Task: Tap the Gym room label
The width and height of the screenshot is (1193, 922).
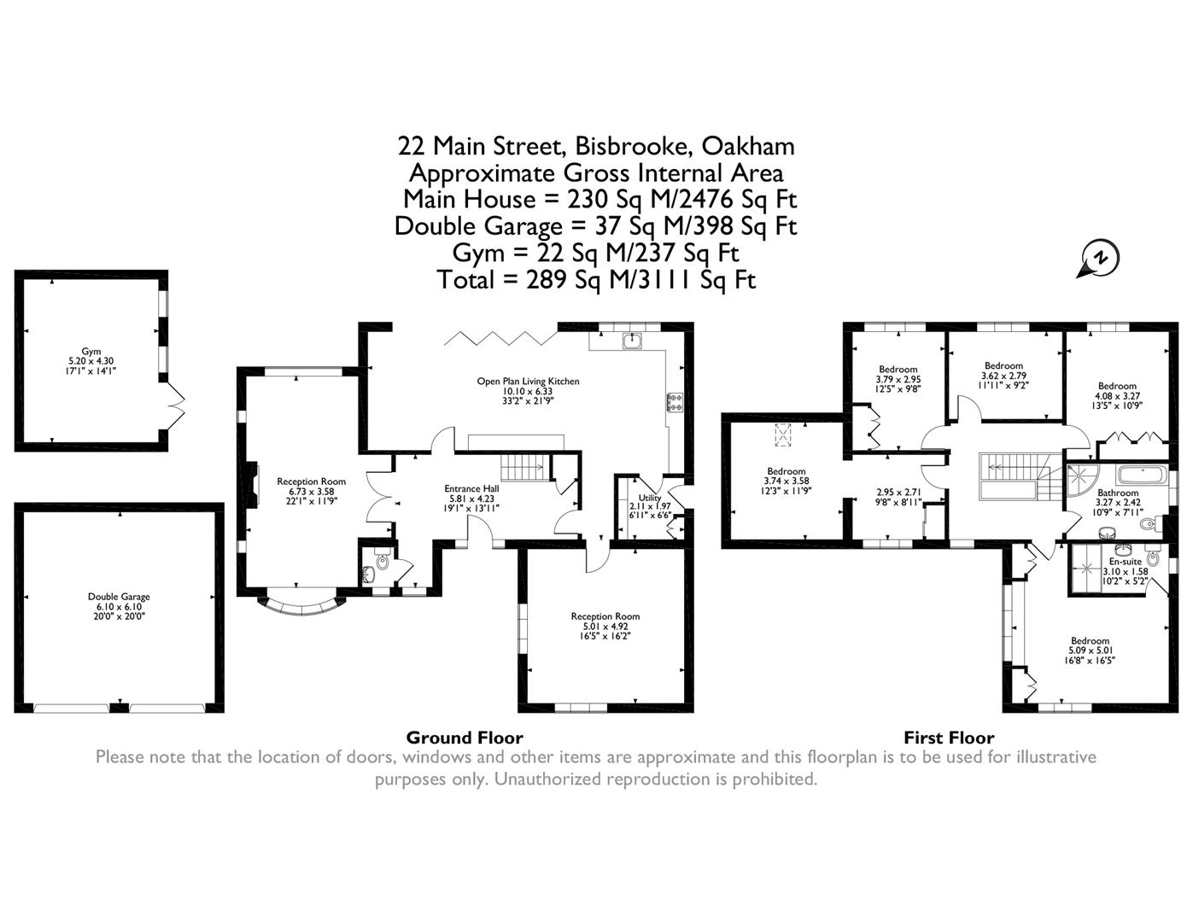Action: point(91,351)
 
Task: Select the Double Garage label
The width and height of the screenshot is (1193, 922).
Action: point(119,597)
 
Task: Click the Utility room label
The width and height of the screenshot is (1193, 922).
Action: point(650,497)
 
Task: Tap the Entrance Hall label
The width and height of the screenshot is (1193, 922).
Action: point(471,488)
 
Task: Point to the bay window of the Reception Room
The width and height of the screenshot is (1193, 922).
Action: point(301,609)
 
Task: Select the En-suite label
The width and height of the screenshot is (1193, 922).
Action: point(1126,562)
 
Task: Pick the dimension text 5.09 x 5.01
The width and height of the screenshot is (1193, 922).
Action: point(1090,651)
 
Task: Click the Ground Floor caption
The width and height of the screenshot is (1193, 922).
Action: point(465,738)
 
